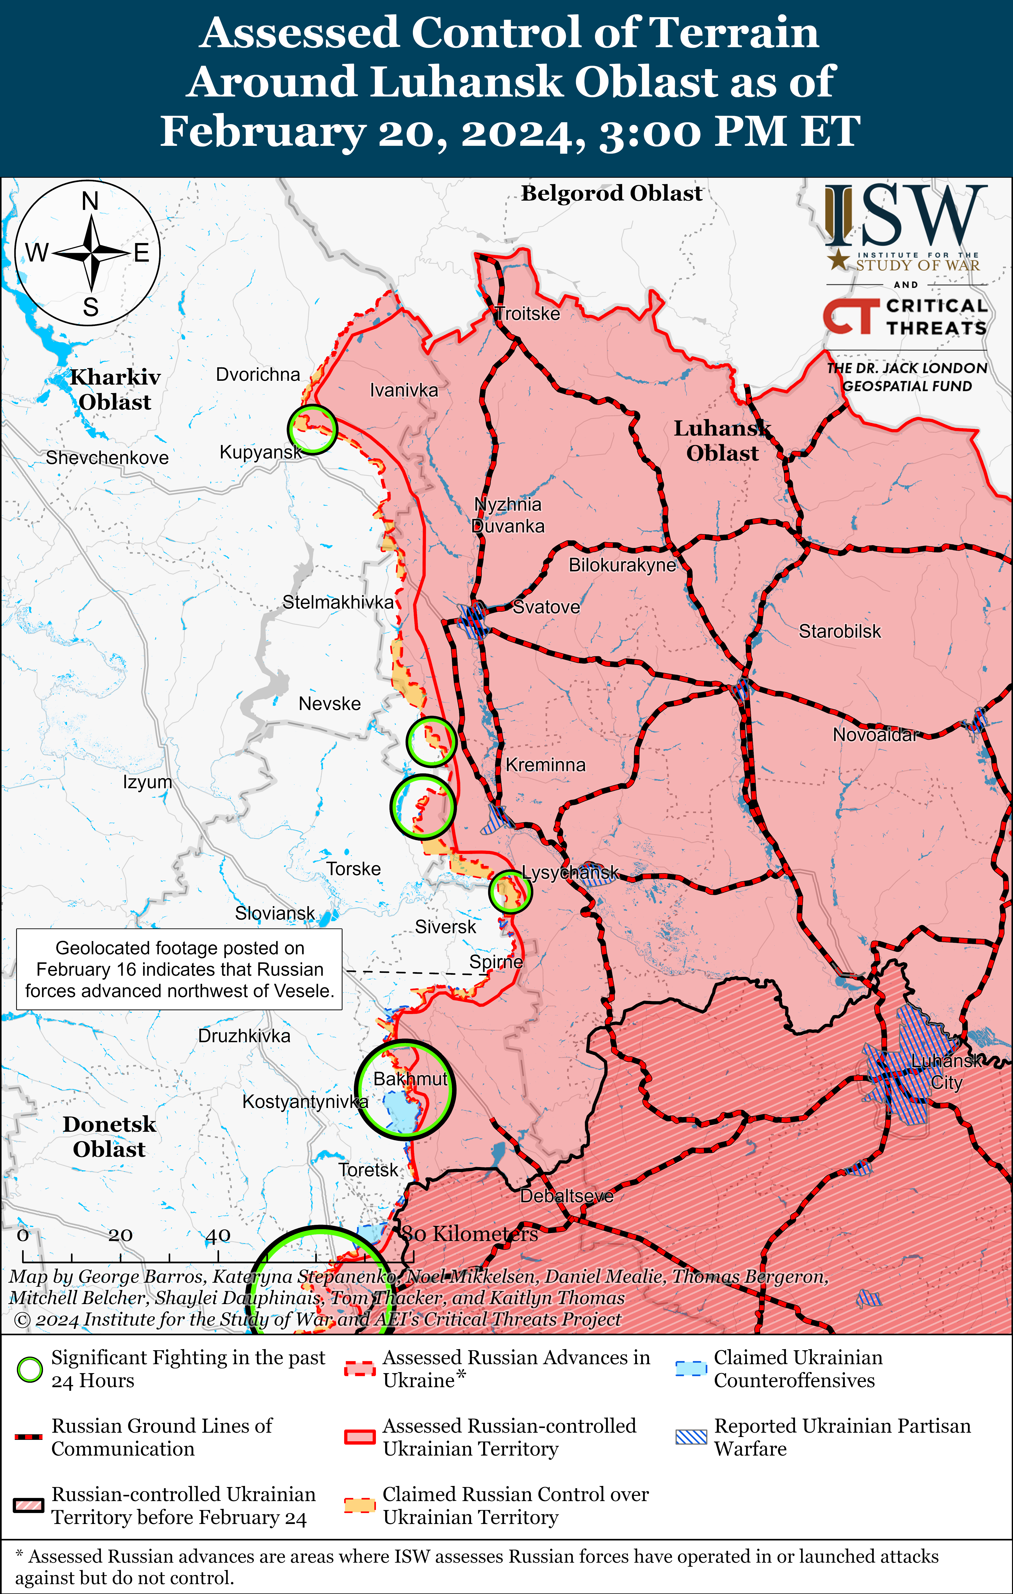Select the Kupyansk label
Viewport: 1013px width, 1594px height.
[x=260, y=452]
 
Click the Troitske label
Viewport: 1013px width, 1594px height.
[x=528, y=314]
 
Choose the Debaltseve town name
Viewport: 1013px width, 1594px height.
[x=567, y=1196]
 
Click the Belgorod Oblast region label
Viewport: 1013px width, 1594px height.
[x=611, y=193]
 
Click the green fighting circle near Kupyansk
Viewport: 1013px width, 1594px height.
[x=312, y=429]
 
